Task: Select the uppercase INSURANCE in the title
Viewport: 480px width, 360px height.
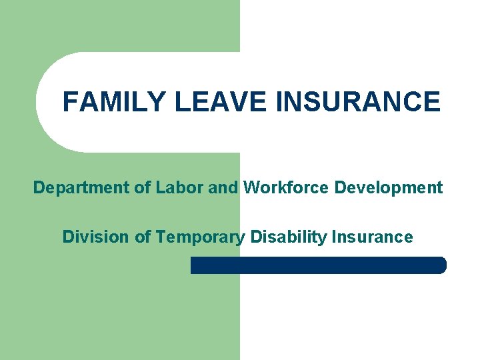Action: [x=358, y=102]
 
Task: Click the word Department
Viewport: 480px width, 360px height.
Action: [x=82, y=188]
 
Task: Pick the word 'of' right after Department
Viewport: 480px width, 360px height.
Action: [x=143, y=188]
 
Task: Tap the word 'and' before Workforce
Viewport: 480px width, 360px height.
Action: [x=223, y=188]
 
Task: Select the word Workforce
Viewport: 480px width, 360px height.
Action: [x=287, y=188]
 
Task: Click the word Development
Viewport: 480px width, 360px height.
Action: [x=389, y=188]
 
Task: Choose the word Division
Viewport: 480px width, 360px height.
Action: [x=91, y=237]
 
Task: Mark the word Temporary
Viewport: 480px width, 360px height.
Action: [x=199, y=237]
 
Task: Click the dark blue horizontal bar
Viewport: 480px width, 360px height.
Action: [x=318, y=265]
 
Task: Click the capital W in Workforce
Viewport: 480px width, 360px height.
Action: [x=251, y=188]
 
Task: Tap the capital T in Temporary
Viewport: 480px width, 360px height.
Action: [x=159, y=237]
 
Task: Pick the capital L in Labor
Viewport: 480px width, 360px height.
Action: [x=161, y=188]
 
